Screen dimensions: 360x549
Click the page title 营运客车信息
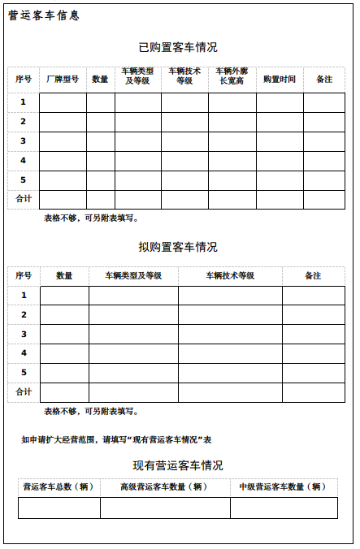tap(44, 15)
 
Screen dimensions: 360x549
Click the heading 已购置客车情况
tap(178, 47)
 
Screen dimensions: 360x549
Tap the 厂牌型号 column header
tap(63, 80)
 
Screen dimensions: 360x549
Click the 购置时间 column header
tap(280, 80)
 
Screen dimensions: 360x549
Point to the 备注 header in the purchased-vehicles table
tap(323, 80)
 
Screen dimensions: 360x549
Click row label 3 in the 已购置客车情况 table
tap(24, 141)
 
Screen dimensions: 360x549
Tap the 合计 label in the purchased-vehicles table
tap(24, 199)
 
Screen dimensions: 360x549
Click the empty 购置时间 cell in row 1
tap(280, 102)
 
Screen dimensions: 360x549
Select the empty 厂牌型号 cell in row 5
tap(63, 180)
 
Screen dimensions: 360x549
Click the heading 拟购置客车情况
tap(178, 247)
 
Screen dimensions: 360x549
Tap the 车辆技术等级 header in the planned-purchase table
tap(230, 276)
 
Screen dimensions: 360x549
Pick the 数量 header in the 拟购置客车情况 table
tap(64, 276)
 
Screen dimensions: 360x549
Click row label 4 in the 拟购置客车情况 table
tap(24, 353)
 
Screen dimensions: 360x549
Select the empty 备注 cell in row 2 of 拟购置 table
tap(313, 315)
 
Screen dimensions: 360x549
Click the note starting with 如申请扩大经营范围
tap(116, 439)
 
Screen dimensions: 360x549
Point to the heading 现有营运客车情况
tap(178, 465)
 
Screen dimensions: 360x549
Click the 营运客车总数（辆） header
tap(59, 487)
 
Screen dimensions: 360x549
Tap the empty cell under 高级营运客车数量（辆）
tap(165, 508)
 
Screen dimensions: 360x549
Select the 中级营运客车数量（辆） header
tap(283, 487)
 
